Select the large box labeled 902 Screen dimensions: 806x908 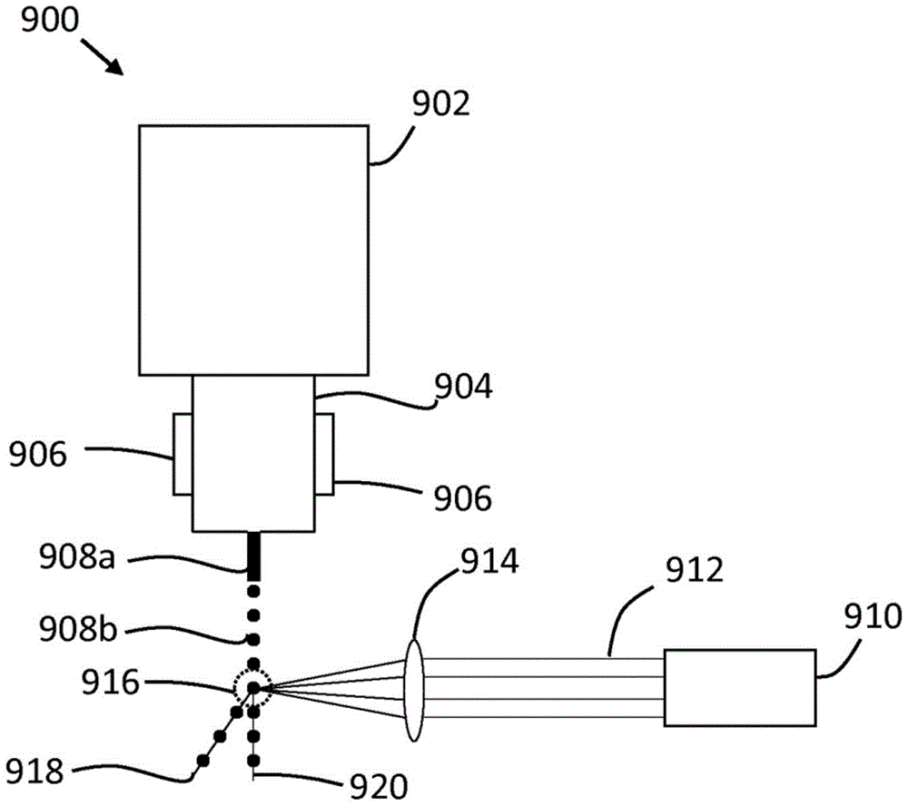tap(253, 250)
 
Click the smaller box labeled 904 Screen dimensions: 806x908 tap(253, 454)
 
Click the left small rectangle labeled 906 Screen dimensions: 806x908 tap(183, 454)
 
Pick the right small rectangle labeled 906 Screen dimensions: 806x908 tap(324, 454)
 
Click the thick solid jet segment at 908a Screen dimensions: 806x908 tap(255, 554)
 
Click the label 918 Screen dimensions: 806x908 tap(35, 772)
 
